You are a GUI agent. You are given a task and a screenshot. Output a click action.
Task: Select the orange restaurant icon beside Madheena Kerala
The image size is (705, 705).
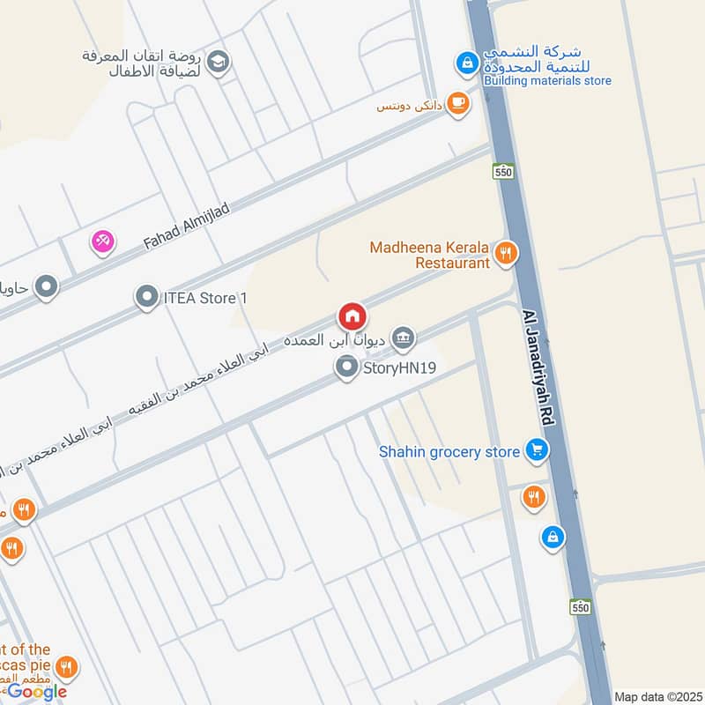point(505,254)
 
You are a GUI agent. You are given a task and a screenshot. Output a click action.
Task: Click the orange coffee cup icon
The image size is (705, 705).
point(456,104)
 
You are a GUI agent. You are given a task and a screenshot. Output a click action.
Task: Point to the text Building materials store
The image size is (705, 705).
point(547,81)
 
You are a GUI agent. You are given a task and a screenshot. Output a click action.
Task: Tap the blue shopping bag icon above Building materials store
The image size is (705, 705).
point(466,63)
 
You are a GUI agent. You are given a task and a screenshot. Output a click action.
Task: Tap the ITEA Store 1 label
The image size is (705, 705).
point(205,298)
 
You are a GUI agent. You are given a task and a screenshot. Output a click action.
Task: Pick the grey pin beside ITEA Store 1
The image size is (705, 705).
point(145,298)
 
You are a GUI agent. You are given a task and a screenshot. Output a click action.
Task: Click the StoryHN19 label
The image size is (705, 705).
point(400,368)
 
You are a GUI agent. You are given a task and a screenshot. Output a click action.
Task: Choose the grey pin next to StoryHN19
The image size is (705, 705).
point(346,367)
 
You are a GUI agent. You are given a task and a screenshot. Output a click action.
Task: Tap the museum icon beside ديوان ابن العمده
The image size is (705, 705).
point(404,336)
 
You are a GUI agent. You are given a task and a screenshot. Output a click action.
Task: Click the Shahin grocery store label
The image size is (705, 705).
point(449,452)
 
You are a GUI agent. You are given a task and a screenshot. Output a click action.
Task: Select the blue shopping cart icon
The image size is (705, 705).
point(536,451)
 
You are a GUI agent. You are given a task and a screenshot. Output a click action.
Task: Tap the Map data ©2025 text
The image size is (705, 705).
point(657,697)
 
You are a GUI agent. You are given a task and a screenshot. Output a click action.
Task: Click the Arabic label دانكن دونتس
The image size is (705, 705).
point(406,107)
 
